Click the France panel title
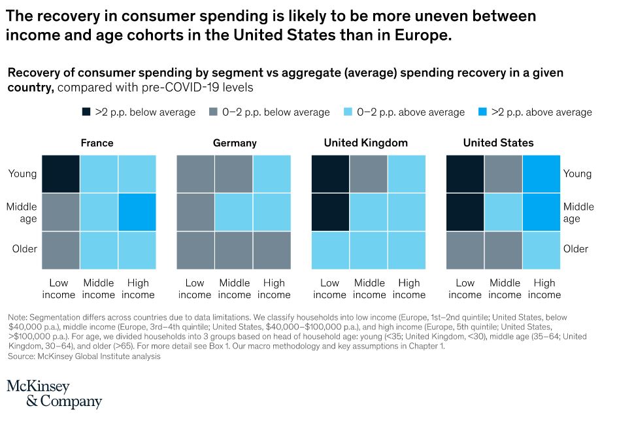(97, 143)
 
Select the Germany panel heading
(235, 143)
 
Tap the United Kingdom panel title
(365, 143)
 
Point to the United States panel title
(498, 143)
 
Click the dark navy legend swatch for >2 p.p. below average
(86, 112)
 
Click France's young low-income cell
(61, 173)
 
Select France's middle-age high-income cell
(137, 211)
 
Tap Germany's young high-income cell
(273, 173)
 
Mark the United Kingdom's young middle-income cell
(369, 173)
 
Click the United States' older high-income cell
(542, 249)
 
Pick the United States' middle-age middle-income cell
(503, 211)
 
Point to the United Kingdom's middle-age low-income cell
(330, 211)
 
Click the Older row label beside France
(25, 249)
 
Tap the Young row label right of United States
(577, 173)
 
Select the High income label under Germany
(274, 288)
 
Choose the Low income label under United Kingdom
(330, 288)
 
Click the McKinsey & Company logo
(54, 394)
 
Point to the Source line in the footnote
(84, 356)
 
